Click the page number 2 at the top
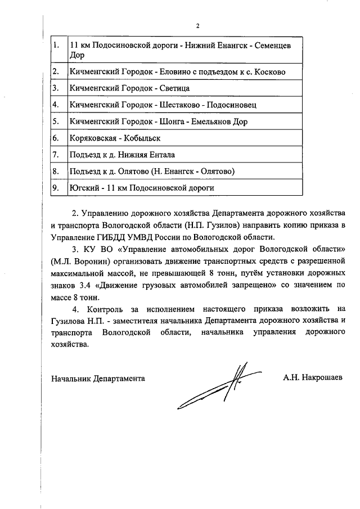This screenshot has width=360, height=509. [197, 25]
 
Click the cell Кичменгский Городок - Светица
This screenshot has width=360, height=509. [129, 88]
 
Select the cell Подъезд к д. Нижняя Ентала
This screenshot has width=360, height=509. [122, 155]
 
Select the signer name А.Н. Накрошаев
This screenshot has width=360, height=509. [313, 378]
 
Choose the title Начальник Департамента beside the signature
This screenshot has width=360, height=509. [98, 378]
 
